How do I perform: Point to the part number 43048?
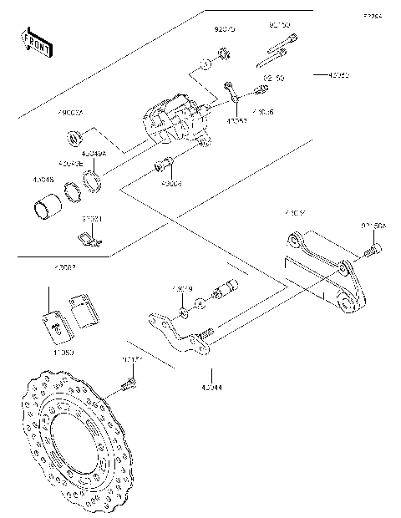pyautogui.click(x=44, y=179)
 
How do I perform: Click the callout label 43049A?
pyautogui.click(x=95, y=154)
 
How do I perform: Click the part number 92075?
pyautogui.click(x=224, y=28)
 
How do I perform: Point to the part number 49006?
pyautogui.click(x=170, y=183)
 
